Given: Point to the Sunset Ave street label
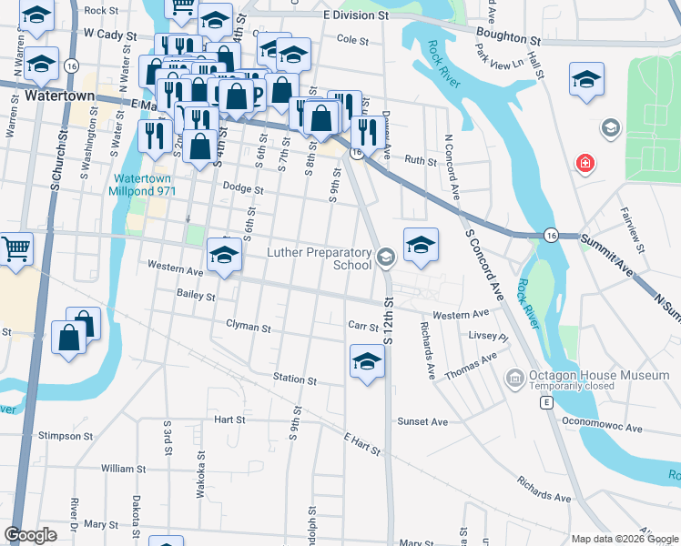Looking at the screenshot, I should point(422,422).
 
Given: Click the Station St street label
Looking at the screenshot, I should point(294,379).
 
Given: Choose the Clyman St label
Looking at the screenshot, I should point(249,326).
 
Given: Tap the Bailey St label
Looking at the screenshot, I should point(196,296).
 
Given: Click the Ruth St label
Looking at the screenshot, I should point(421,160).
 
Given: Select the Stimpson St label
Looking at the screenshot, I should point(66,436).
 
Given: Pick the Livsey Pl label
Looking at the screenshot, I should point(489,337).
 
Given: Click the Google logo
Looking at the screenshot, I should point(31,535).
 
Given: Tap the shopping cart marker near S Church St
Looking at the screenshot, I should point(15,249).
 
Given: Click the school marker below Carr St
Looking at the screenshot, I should point(367,361).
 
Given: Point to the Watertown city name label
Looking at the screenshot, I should point(56,95).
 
